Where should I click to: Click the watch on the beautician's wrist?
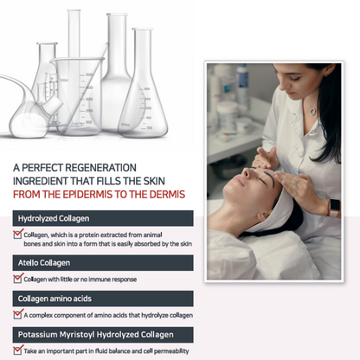(x=333, y=208)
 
